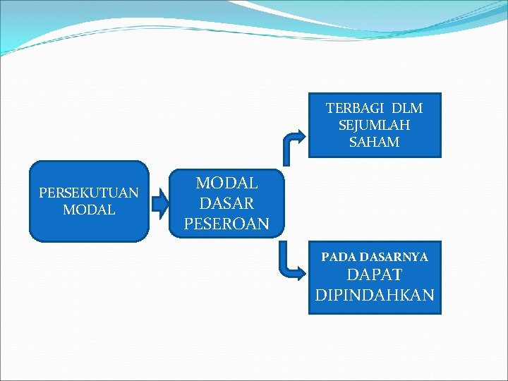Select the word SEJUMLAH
point(374,125)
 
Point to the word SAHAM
point(374,142)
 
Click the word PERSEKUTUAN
point(89,193)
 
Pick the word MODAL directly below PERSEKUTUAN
point(89,210)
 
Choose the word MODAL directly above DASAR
point(226,183)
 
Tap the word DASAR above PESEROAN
point(226,203)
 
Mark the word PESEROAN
point(226,224)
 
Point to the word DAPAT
point(374,275)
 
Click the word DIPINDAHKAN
point(374,295)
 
